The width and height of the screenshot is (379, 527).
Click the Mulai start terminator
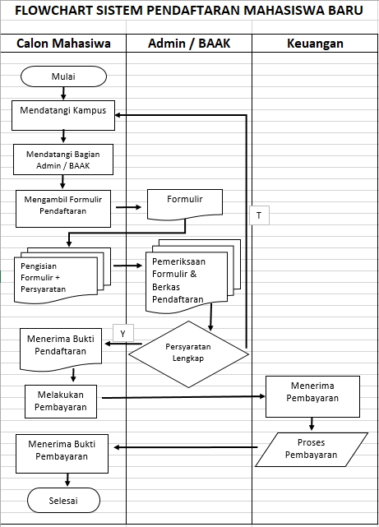63,76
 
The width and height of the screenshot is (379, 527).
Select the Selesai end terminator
63,500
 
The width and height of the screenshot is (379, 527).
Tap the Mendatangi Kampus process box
63,116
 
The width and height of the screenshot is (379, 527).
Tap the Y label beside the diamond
122,333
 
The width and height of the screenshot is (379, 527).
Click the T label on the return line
258,215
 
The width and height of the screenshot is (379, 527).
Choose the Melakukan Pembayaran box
61,401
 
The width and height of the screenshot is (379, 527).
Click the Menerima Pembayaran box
313,395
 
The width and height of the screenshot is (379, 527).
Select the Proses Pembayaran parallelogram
310,450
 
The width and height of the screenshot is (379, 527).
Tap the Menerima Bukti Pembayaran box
62,454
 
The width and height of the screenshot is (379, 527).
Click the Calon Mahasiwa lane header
64,43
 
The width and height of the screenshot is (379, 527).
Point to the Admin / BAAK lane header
188,43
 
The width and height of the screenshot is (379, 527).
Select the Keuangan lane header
315,43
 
